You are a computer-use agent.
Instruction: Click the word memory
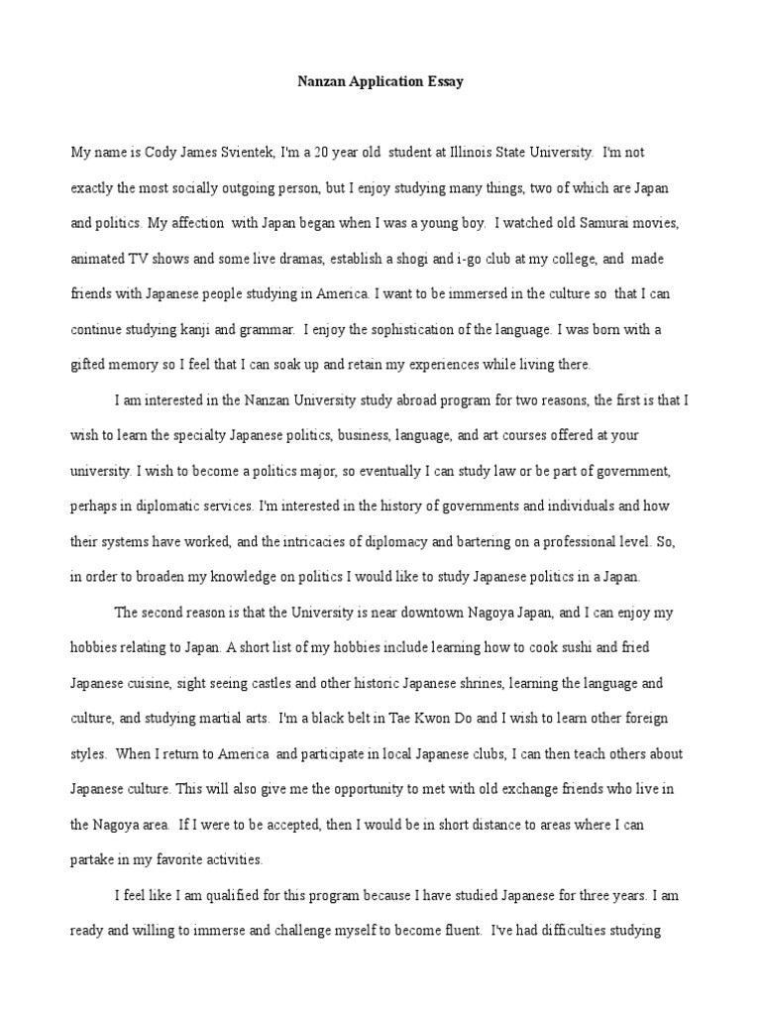(141, 364)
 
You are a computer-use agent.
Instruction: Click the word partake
(96, 860)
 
